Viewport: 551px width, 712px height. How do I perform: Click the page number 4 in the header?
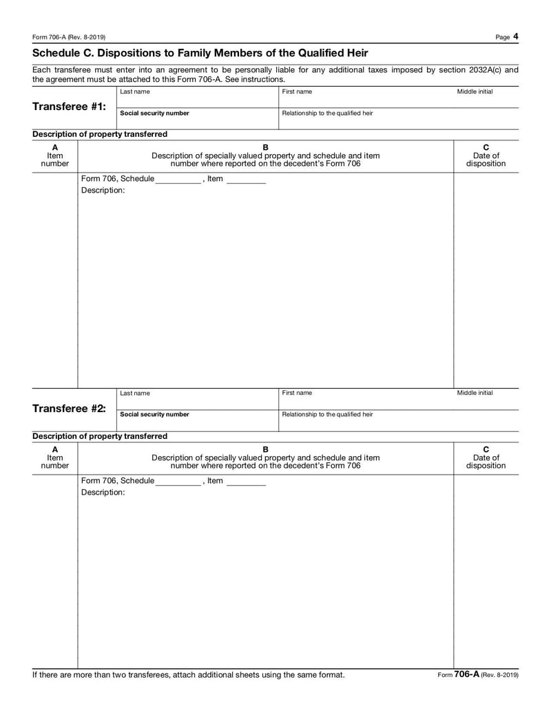point(515,36)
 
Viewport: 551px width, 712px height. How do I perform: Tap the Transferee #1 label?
point(69,107)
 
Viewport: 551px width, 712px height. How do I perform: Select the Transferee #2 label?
point(69,408)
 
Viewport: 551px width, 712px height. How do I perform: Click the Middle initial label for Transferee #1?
point(475,91)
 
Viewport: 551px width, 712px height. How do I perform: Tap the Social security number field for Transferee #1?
point(197,118)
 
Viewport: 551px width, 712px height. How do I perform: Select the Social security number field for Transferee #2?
point(197,420)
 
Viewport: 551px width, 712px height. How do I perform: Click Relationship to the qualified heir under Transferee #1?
point(328,114)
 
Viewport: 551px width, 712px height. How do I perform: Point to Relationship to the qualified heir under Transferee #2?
point(328,415)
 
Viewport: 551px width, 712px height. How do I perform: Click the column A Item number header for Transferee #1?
point(55,155)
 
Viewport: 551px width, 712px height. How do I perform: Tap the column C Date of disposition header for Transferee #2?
point(486,457)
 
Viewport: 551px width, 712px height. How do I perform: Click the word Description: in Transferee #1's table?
point(103,191)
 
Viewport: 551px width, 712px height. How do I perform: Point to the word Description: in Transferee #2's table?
point(103,493)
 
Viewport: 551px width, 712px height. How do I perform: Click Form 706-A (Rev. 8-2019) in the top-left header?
point(69,37)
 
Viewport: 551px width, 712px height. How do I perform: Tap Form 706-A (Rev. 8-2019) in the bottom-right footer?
point(478,675)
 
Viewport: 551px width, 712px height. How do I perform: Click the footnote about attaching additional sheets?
point(188,675)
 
